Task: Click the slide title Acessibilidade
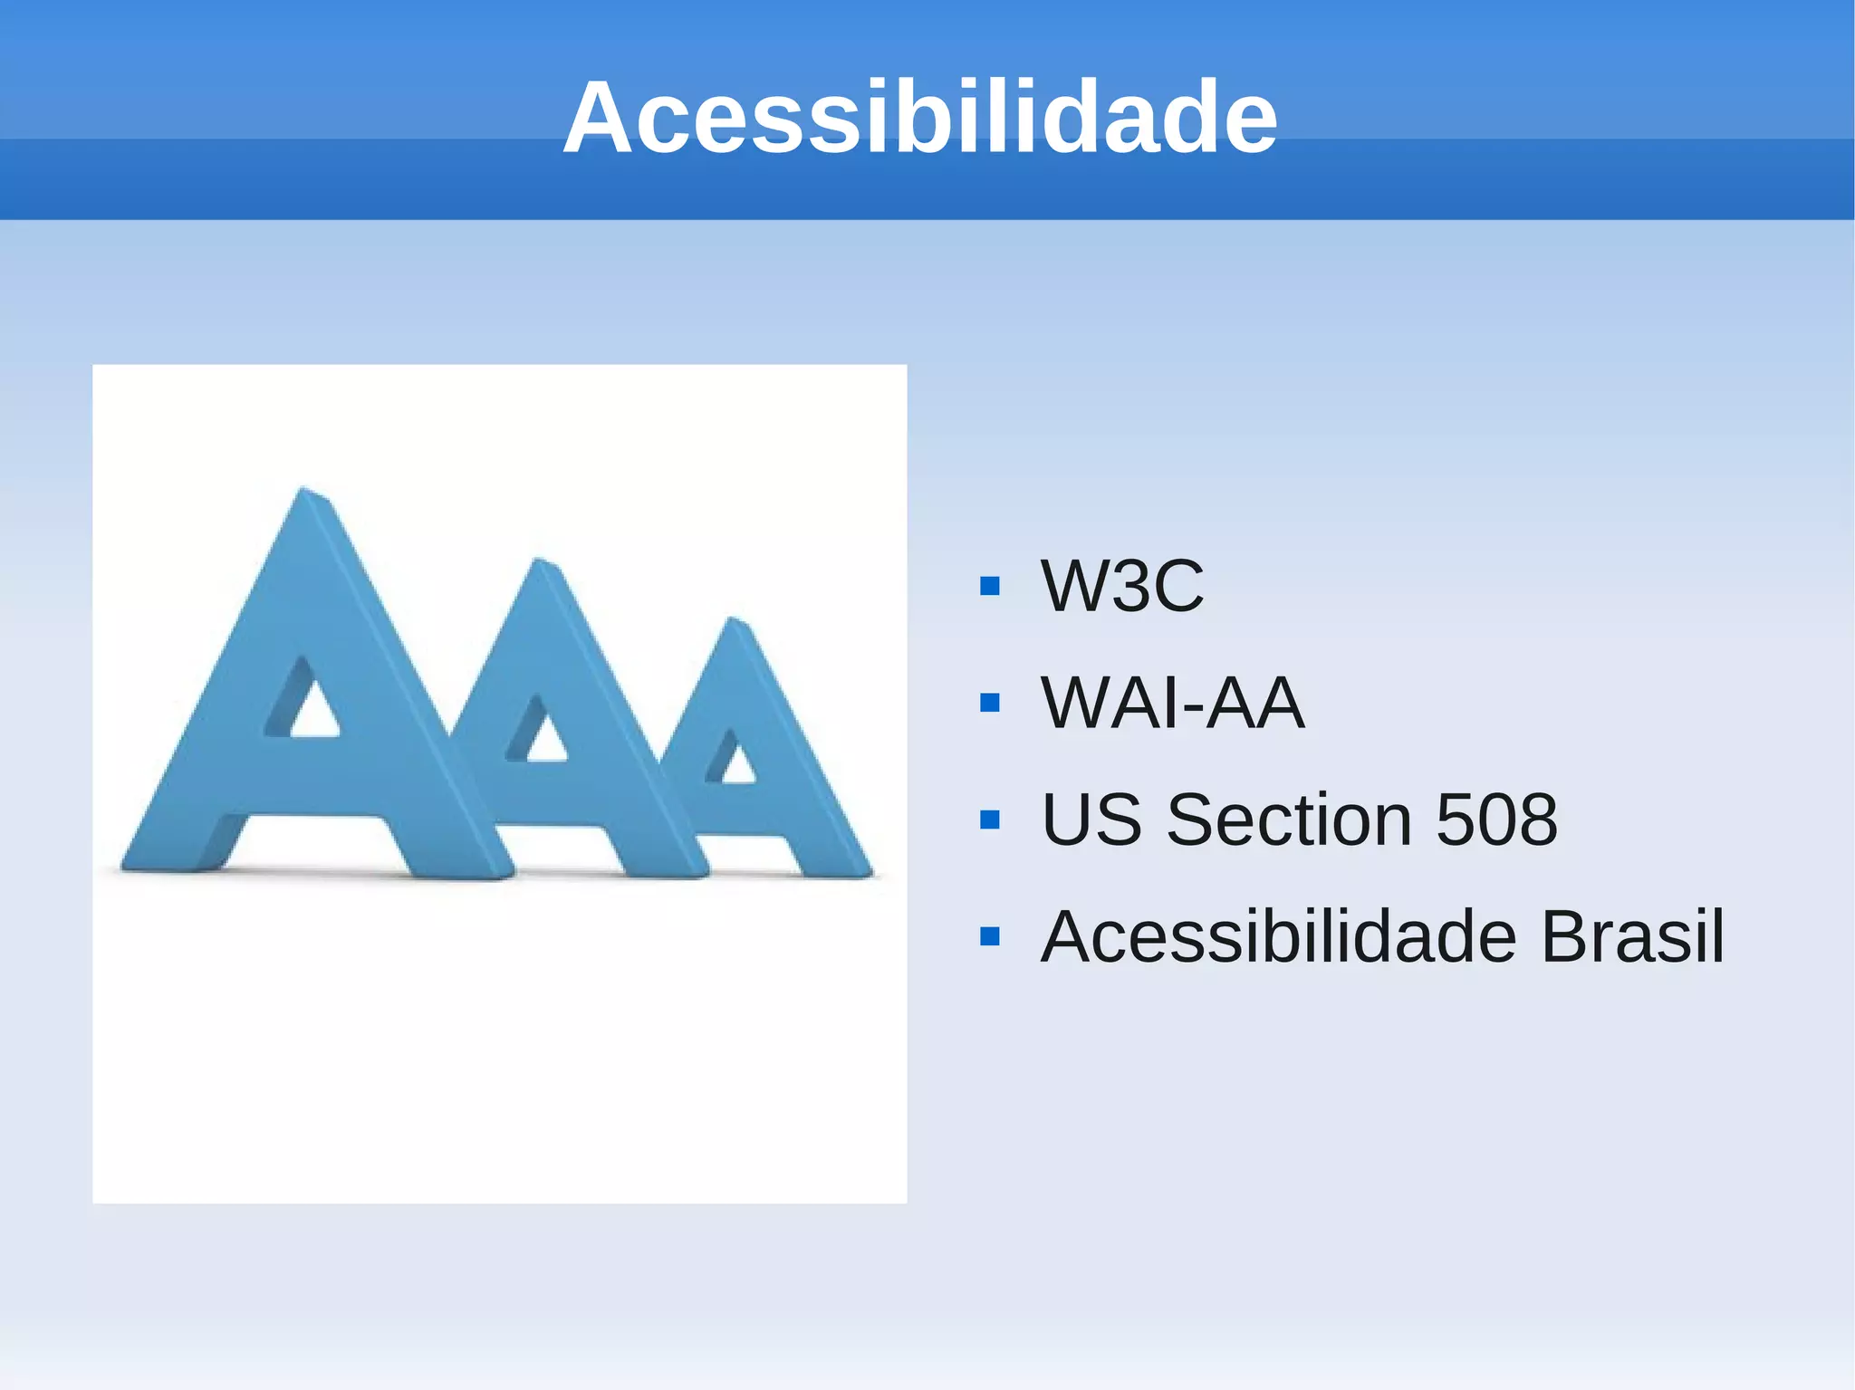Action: click(919, 118)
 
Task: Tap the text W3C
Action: click(1122, 586)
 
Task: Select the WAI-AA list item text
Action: click(1173, 703)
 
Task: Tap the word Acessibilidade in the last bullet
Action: click(1278, 936)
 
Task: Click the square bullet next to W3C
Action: click(990, 586)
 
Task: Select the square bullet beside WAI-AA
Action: click(990, 703)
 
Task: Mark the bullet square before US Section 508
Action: click(990, 820)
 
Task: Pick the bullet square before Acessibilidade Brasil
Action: click(990, 936)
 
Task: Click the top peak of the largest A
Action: click(306, 494)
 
